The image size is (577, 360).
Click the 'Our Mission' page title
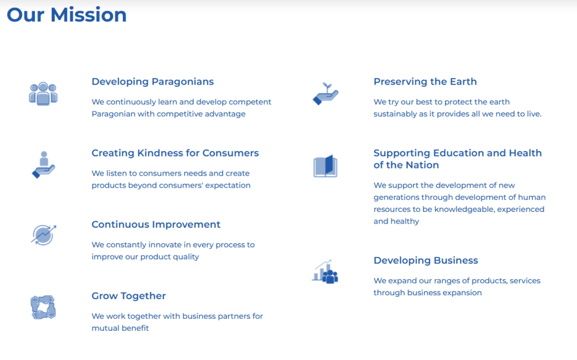point(66,15)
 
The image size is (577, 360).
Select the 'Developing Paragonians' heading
point(153,82)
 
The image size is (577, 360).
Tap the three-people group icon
point(43,94)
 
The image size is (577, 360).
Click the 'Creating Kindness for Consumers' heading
point(175,153)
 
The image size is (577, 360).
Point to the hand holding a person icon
point(43,165)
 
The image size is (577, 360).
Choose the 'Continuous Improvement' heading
point(156,224)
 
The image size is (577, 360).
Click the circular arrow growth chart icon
point(43,235)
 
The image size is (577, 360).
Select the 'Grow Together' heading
point(129,296)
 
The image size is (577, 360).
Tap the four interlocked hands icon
point(43,307)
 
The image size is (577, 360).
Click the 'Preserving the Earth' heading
point(425,82)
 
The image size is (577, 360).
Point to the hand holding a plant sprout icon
point(325,94)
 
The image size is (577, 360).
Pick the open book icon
point(325,166)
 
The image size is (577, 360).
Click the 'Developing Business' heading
point(426,260)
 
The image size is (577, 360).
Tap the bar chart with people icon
point(325,272)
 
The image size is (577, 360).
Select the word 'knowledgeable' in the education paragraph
point(465,210)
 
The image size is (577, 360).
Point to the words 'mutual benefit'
point(121,328)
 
